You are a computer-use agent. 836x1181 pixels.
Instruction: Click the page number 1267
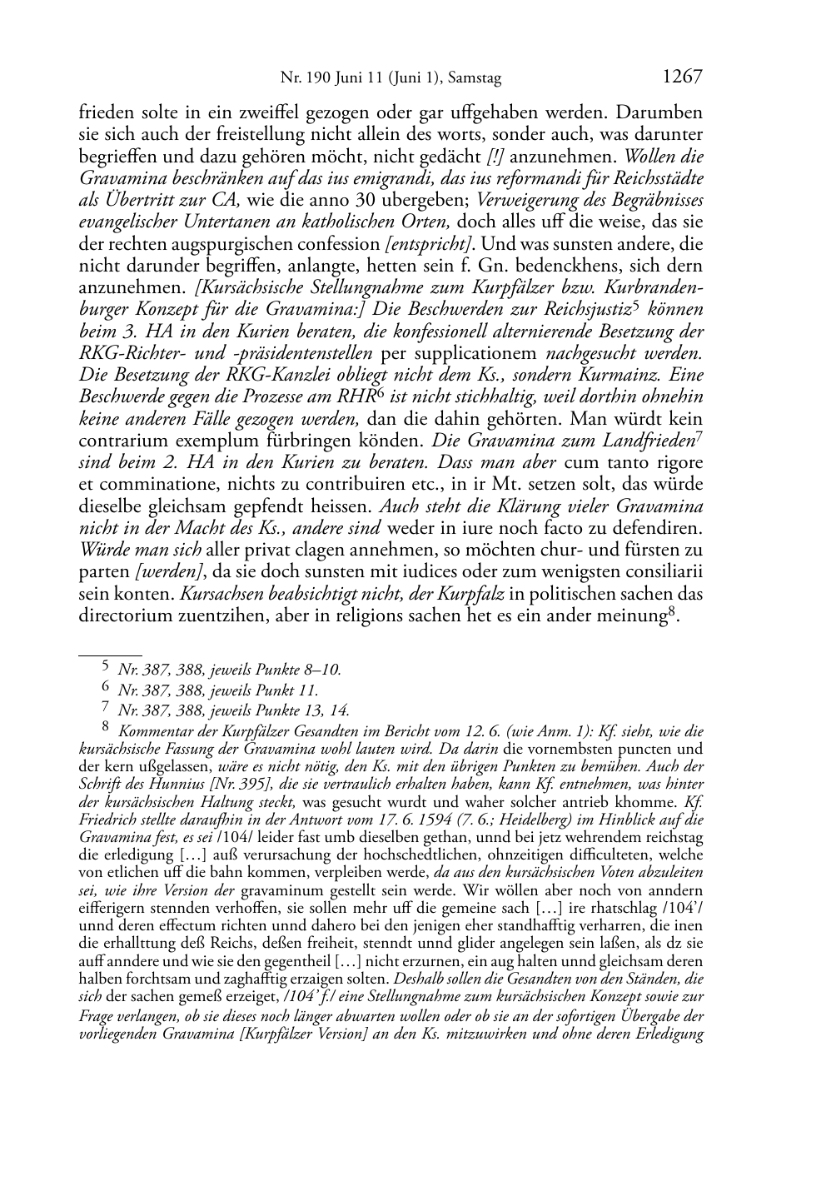pyautogui.click(x=683, y=77)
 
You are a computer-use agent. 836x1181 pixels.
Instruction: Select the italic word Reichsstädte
pyautogui.click(x=659, y=178)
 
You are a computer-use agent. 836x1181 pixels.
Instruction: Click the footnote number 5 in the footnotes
pyautogui.click(x=105, y=666)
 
